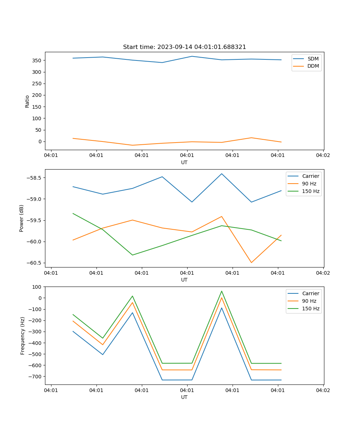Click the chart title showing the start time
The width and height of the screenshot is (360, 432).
tap(184, 47)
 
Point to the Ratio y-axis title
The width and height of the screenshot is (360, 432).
tap(27, 101)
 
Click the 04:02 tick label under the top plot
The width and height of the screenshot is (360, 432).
tap(323, 156)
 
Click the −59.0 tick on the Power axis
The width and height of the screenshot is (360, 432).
tap(33, 199)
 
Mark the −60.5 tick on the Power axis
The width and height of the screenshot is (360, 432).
tap(33, 263)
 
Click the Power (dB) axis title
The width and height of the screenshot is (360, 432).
tap(22, 218)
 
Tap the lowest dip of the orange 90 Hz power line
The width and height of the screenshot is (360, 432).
tap(251, 262)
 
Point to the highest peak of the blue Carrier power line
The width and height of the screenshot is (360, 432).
tap(222, 174)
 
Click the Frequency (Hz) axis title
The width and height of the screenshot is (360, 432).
tap(22, 336)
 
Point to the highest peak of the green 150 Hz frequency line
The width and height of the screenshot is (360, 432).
tap(222, 291)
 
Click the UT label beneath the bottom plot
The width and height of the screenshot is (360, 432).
tap(184, 397)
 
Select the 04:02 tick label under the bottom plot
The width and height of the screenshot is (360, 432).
tap(323, 390)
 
